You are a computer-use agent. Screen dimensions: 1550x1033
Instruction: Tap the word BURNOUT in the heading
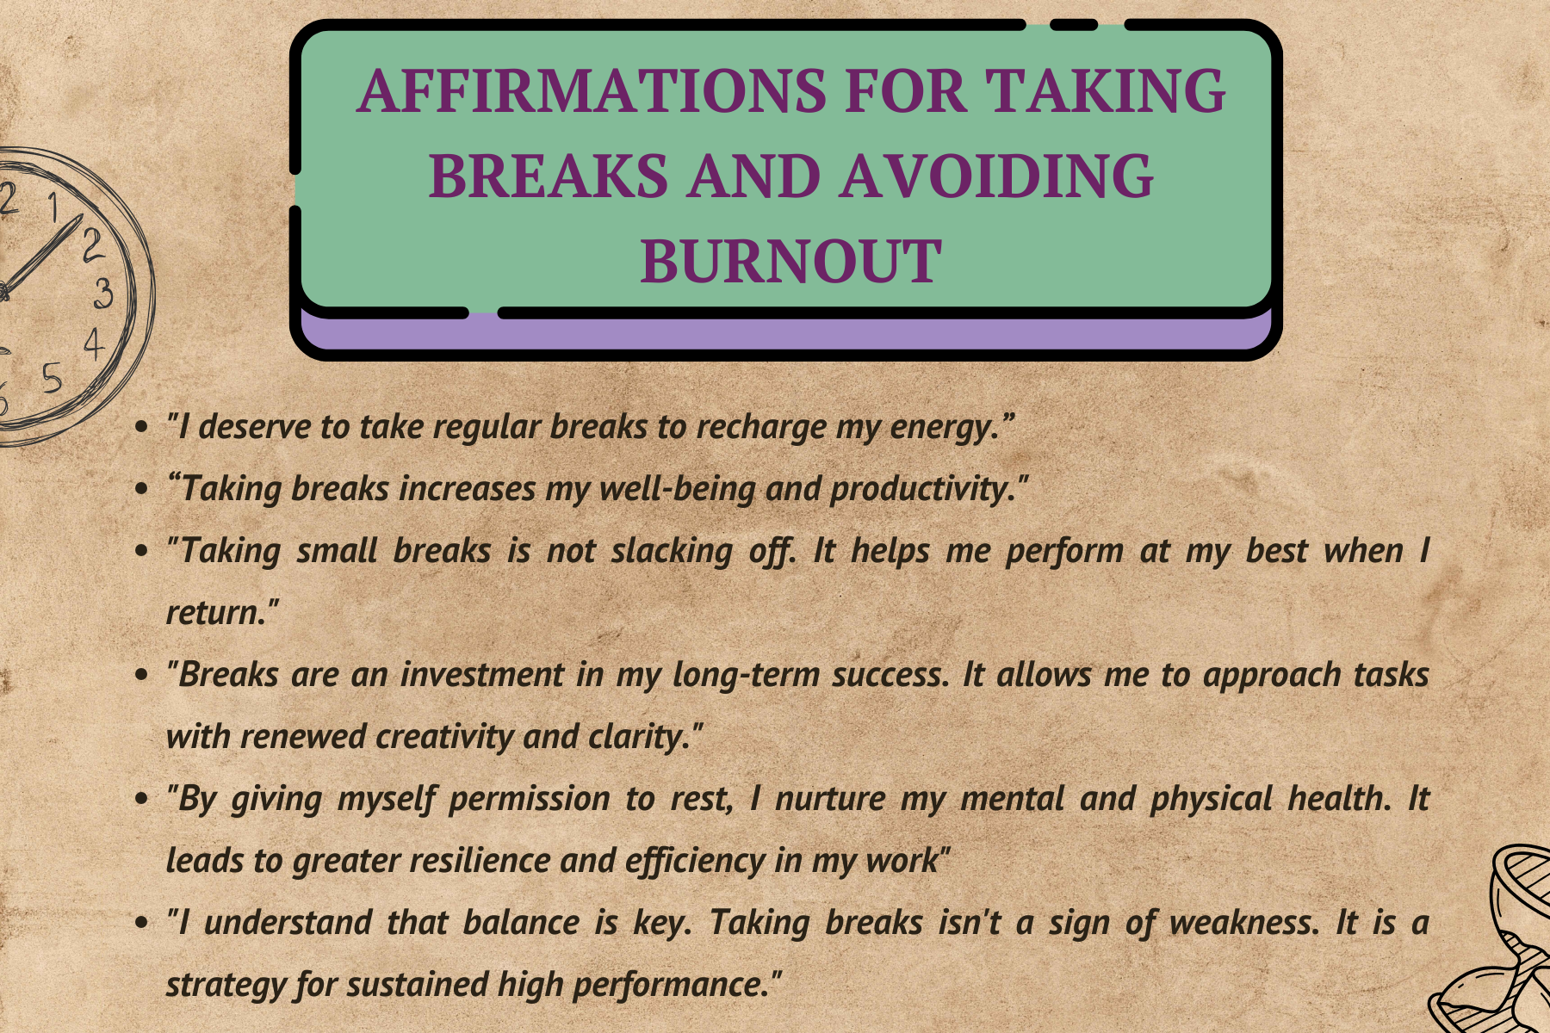coord(791,261)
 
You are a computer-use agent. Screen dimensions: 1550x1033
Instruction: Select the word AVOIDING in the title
coord(996,176)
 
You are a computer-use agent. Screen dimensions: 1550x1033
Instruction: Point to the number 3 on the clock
coord(102,294)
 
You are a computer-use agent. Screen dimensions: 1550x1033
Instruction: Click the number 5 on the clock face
coord(53,378)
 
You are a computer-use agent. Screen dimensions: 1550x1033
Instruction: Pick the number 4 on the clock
coord(94,344)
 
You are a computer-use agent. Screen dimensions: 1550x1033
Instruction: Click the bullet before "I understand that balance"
coord(143,923)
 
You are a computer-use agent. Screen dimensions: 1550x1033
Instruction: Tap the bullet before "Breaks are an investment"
coord(143,675)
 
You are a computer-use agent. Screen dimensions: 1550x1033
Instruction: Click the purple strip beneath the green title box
coord(785,333)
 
